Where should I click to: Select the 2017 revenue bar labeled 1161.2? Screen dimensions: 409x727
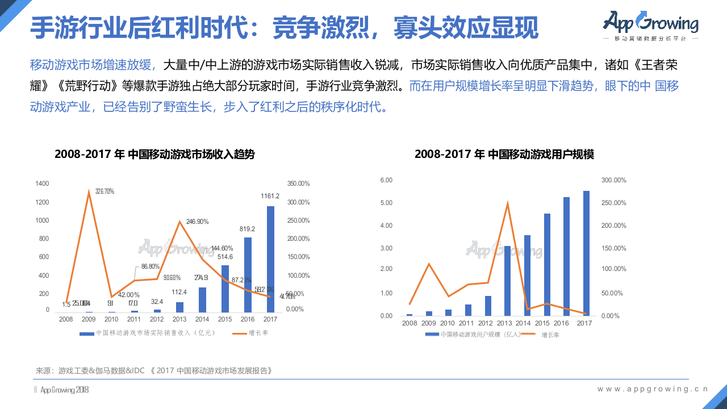tap(270, 259)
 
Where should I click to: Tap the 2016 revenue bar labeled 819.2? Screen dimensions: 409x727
tap(248, 275)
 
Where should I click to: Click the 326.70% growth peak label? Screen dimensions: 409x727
tap(105, 191)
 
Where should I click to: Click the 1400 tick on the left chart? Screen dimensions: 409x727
tap(42, 183)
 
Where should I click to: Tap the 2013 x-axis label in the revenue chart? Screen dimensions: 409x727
tap(179, 320)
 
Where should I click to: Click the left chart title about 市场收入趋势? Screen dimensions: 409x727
tap(154, 154)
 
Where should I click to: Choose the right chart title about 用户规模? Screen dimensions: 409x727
tap(504, 154)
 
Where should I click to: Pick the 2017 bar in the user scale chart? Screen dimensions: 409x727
tap(586, 253)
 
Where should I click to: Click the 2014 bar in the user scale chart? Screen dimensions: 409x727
tap(527, 275)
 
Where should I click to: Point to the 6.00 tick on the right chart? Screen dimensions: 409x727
tap(386, 180)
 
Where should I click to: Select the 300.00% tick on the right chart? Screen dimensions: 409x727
tap(613, 180)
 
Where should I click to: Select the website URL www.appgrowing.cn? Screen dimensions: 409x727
tap(653, 389)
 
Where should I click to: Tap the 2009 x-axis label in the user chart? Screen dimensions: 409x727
tap(428, 323)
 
